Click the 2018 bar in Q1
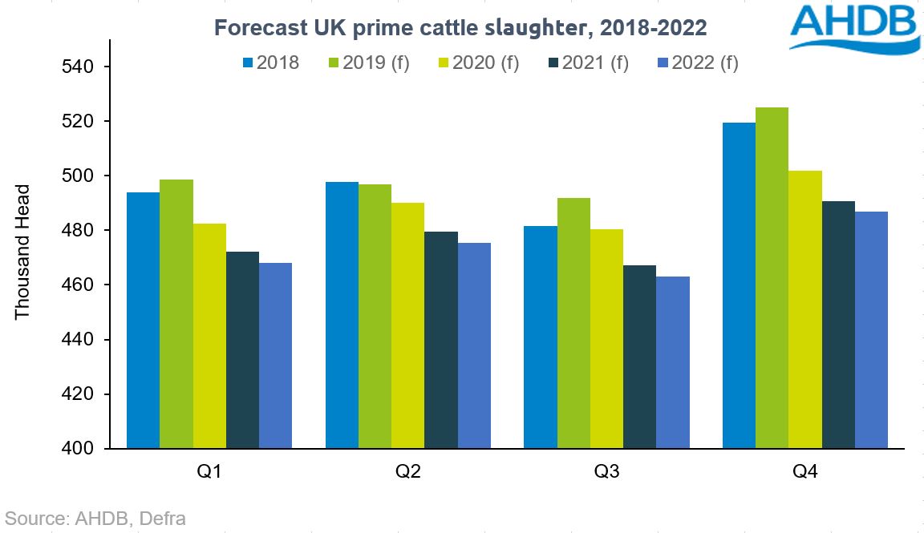(x=143, y=321)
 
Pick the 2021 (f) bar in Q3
(x=639, y=357)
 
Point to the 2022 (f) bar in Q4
(x=871, y=329)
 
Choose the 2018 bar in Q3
(x=540, y=337)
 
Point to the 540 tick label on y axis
(x=79, y=67)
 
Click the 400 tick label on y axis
(x=79, y=449)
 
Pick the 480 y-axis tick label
(x=79, y=231)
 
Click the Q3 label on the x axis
(x=606, y=472)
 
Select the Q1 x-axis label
(x=209, y=472)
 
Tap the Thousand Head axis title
(x=22, y=252)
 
